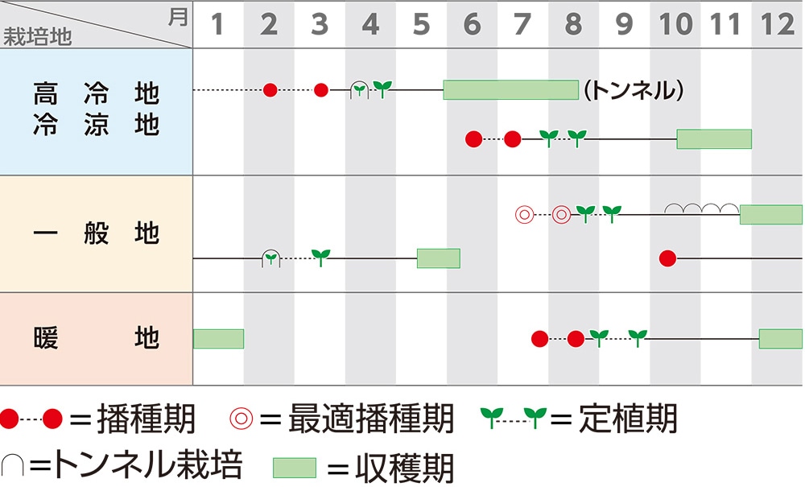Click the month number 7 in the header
(522, 25)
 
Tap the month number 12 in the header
(778, 25)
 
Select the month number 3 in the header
(320, 25)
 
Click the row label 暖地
(97, 338)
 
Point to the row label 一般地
(97, 234)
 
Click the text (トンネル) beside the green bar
(633, 90)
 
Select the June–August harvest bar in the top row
(510, 89)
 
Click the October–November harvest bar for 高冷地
(713, 138)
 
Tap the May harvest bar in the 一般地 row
(438, 258)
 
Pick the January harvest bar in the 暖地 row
(218, 339)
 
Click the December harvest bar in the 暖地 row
(780, 339)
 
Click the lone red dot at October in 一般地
(667, 258)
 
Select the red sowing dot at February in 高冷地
(270, 89)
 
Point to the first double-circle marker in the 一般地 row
(524, 215)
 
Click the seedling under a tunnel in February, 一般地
(271, 258)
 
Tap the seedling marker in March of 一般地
(321, 258)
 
